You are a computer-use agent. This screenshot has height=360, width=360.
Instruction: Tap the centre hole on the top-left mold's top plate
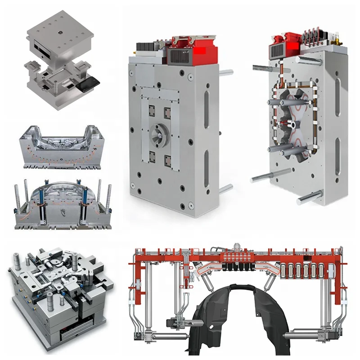pyautogui.click(x=59, y=33)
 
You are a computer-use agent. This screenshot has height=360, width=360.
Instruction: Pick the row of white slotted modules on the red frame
pyautogui.click(x=301, y=270)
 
